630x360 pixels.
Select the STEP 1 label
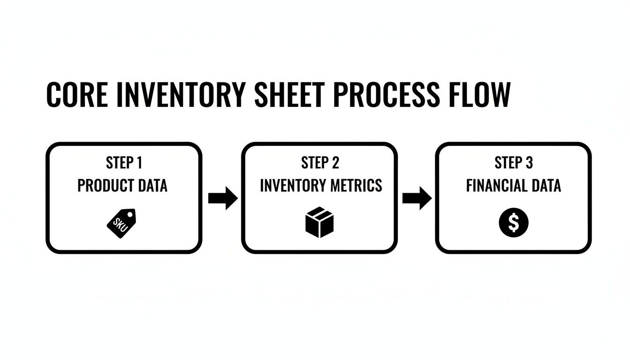coord(124,163)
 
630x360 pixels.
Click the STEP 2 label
coord(320,163)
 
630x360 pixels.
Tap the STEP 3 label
coord(514,163)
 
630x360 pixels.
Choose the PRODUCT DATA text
coord(122,186)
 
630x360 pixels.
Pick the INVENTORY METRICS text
coord(321,186)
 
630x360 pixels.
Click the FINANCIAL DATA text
coord(514,186)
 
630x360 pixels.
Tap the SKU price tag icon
coord(121,223)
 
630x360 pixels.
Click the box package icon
coord(319,222)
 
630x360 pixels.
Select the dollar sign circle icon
coord(514,223)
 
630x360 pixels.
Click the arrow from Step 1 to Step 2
coord(223,198)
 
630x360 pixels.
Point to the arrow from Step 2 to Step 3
coord(417,198)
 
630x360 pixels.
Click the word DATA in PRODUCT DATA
coord(150,186)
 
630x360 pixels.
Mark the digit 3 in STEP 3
coord(529,163)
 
